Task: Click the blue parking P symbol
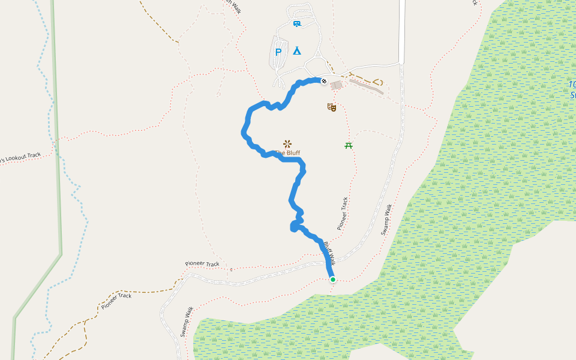[278, 52]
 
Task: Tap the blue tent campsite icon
[296, 50]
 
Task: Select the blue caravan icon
[296, 24]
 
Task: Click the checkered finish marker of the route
[324, 81]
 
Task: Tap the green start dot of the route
[332, 279]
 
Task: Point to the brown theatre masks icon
[331, 107]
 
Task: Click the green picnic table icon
[348, 145]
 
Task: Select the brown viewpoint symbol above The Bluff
[287, 143]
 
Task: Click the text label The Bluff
[288, 153]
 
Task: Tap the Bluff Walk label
[328, 252]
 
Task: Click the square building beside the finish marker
[336, 86]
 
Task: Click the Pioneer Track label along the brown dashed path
[116, 300]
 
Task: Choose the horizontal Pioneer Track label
[202, 263]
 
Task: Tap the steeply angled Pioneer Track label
[342, 214]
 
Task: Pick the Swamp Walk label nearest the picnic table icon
[385, 220]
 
